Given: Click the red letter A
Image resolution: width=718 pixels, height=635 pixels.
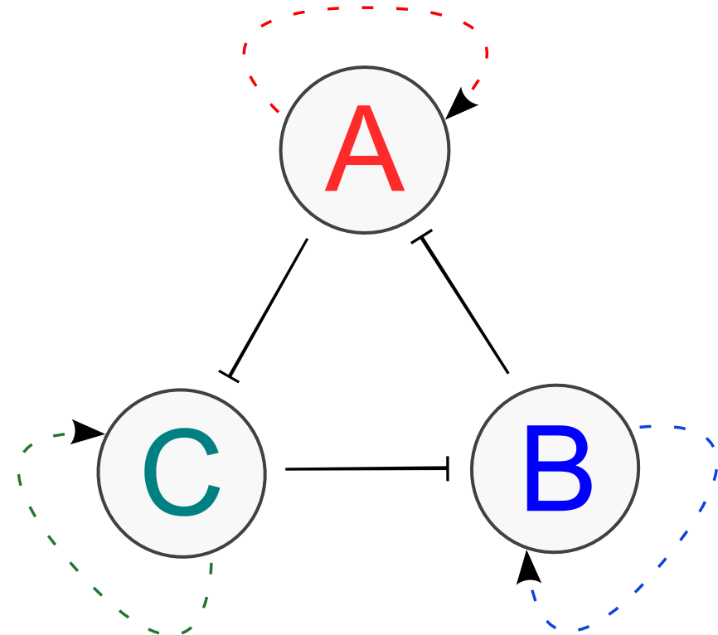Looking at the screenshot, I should [x=365, y=151].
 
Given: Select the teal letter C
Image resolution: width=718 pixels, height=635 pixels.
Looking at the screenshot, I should [x=182, y=472].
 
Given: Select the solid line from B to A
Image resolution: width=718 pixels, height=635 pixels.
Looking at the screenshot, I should [x=464, y=306].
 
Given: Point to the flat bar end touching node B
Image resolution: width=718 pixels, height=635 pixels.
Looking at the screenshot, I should [x=449, y=468].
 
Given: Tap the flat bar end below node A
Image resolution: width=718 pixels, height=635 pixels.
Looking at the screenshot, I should [x=422, y=239].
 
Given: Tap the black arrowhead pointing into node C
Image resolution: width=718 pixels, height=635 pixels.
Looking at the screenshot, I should [x=85, y=431].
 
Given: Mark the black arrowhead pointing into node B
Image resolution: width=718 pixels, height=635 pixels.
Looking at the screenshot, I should [x=527, y=569].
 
